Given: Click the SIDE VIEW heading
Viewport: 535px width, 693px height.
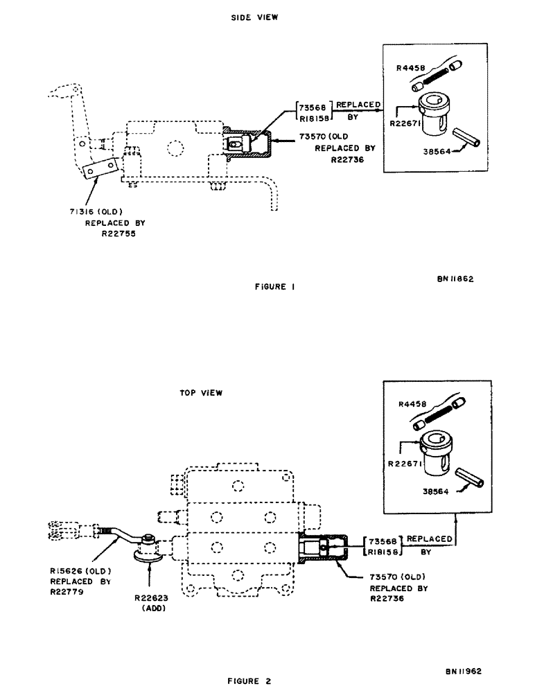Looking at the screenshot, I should coord(254,18).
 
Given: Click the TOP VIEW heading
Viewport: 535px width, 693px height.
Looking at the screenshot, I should coord(201,393).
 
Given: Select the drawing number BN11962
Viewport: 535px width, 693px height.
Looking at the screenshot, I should coord(463,672).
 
